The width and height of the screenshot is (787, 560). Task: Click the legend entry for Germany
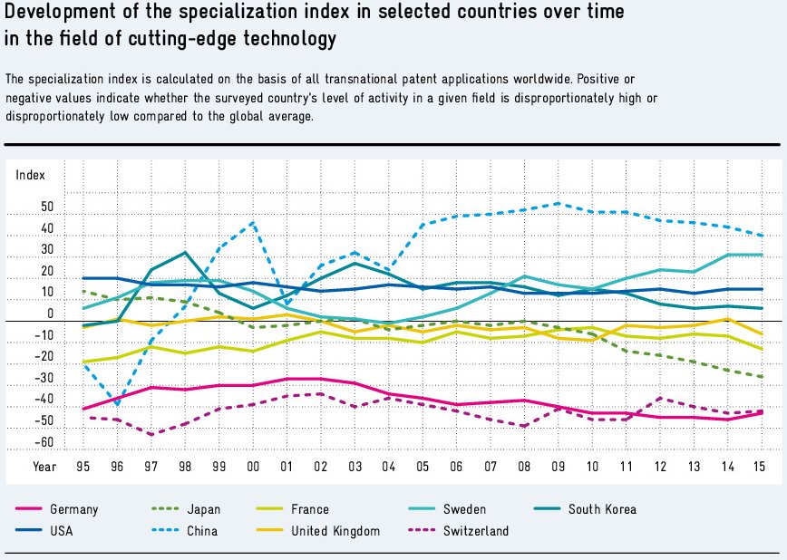point(74,509)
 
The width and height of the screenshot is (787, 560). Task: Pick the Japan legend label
point(204,509)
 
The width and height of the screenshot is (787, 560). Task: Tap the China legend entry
point(202,531)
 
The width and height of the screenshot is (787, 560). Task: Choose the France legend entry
point(311,509)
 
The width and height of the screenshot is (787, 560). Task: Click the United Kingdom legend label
point(335,531)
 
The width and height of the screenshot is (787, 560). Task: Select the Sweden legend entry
point(464,509)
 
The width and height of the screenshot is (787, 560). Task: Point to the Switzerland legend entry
point(476,531)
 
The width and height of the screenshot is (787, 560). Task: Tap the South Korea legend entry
point(602,509)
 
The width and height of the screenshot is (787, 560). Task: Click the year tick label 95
point(83,466)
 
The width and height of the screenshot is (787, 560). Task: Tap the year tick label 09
point(557,466)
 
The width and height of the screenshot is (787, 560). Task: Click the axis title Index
point(31,174)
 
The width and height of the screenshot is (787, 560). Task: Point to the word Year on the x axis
point(44,466)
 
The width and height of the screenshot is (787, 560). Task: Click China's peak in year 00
point(253,222)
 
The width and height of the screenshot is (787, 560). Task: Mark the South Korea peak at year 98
point(185,252)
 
